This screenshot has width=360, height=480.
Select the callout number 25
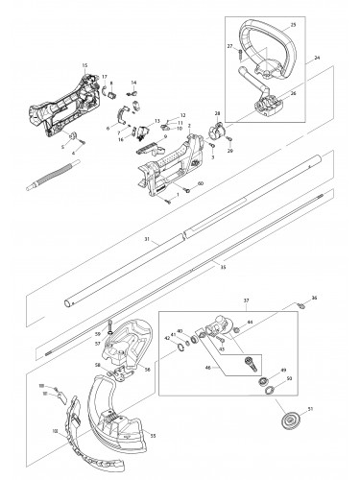pos(293,21)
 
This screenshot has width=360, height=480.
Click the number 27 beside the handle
pos(230,44)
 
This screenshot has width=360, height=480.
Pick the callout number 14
pos(133,83)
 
